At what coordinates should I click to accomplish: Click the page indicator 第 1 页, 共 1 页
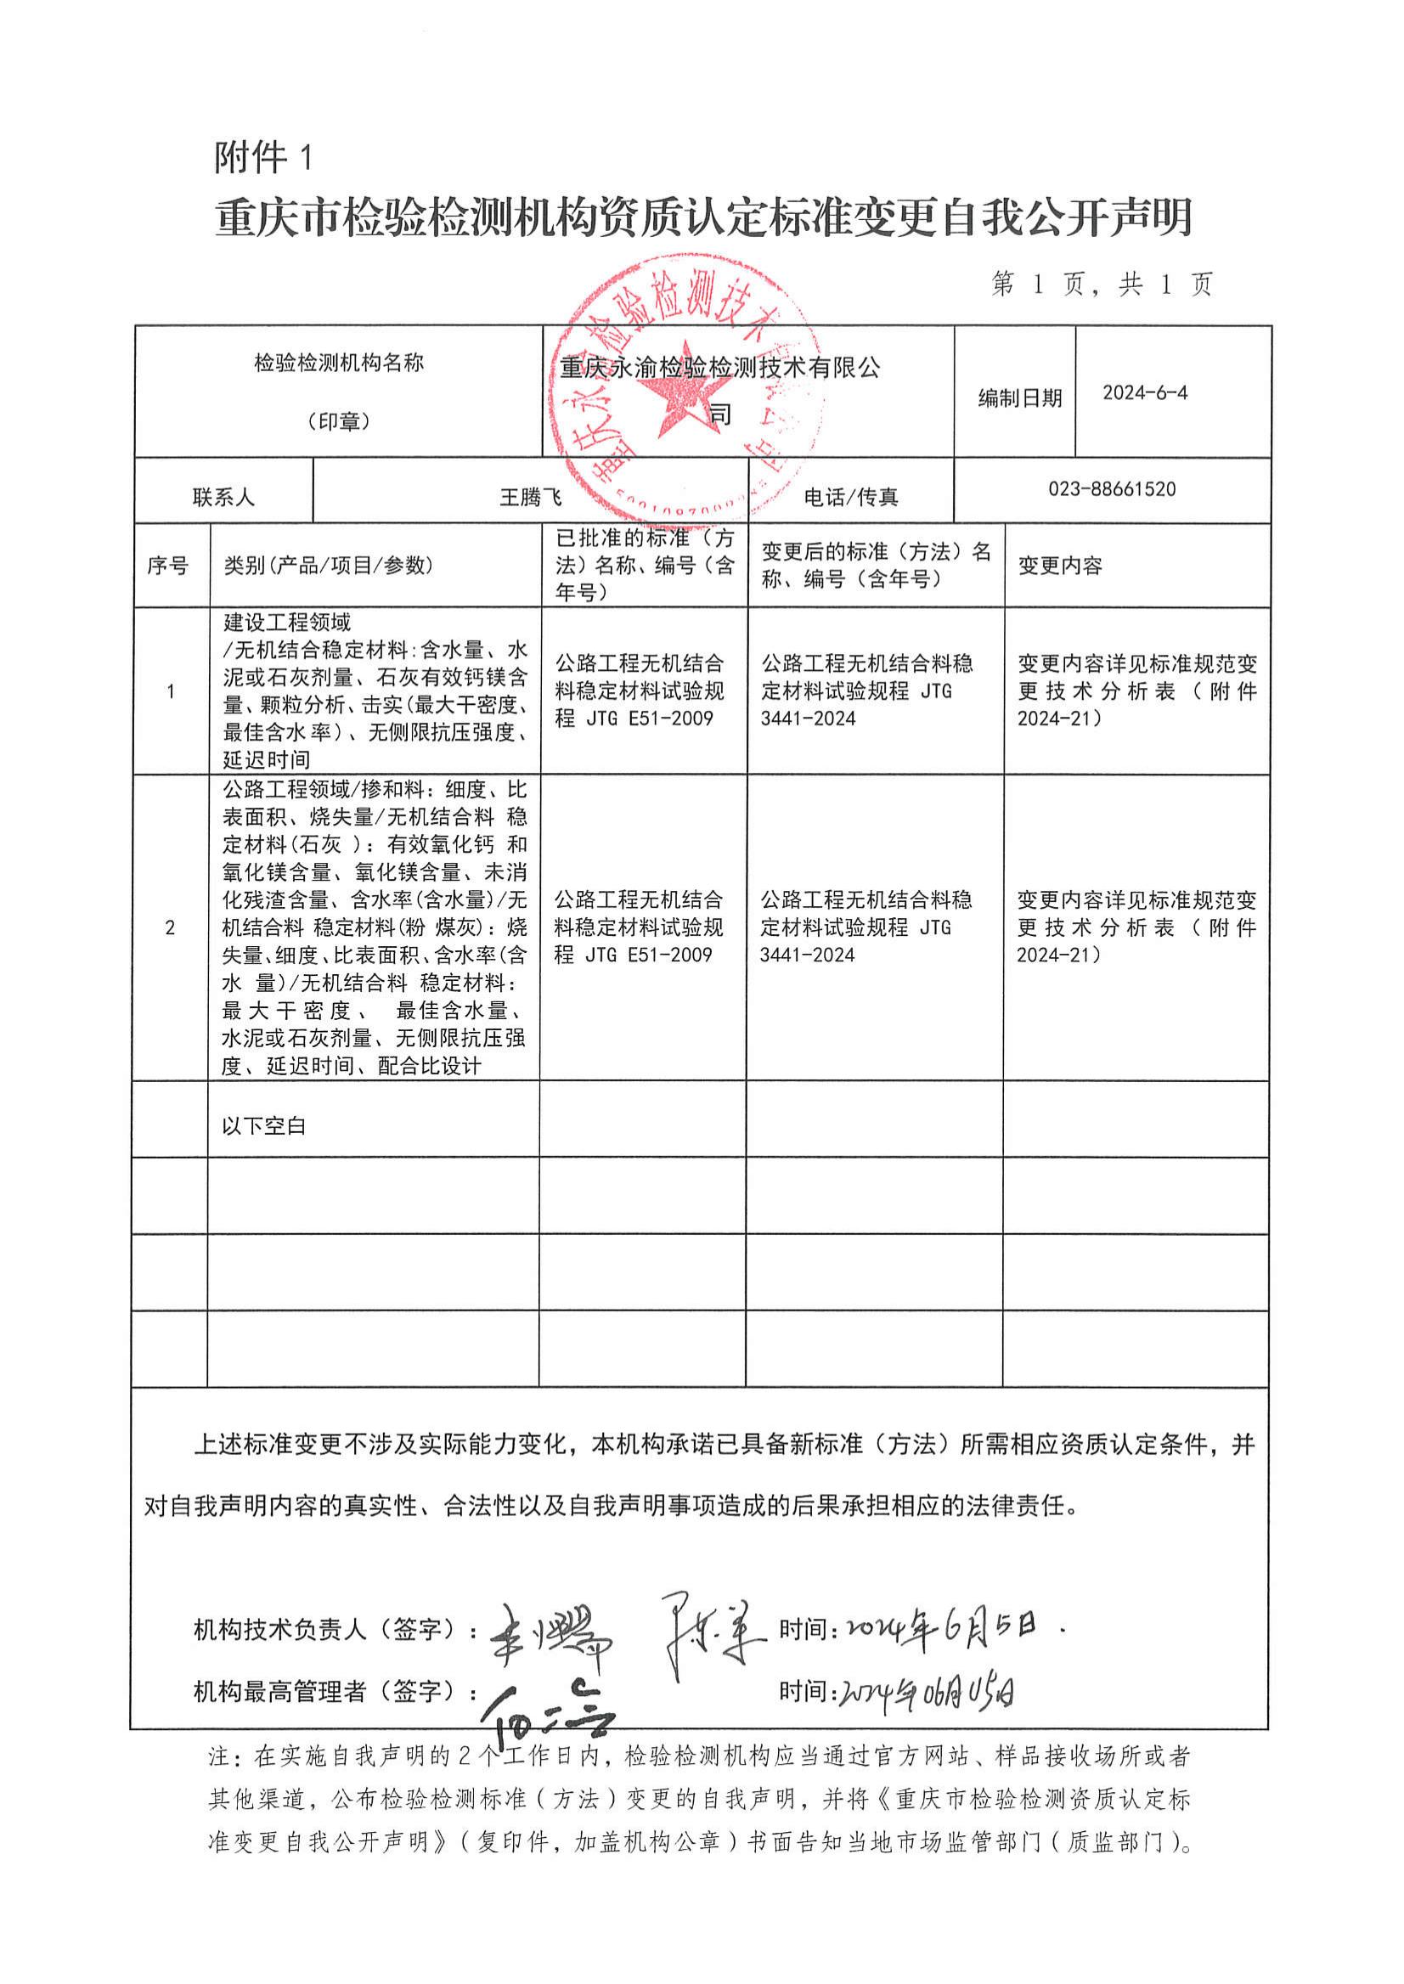(x=1102, y=285)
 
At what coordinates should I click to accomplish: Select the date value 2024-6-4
(x=1145, y=393)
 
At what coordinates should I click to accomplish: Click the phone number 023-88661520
(x=1112, y=489)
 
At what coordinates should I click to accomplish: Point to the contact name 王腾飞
(x=531, y=497)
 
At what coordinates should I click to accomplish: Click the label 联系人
(x=223, y=498)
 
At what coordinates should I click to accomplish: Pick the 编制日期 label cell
(x=1019, y=398)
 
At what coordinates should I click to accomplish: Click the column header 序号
(x=167, y=566)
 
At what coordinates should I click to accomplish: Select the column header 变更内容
(x=1060, y=566)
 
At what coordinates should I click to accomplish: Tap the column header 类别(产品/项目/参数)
(x=328, y=566)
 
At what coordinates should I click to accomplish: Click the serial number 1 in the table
(x=171, y=691)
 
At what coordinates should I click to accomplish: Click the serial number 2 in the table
(x=170, y=927)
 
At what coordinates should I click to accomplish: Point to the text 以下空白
(x=263, y=1126)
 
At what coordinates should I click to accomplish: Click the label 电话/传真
(x=851, y=498)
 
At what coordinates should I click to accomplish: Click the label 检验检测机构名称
(x=339, y=364)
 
